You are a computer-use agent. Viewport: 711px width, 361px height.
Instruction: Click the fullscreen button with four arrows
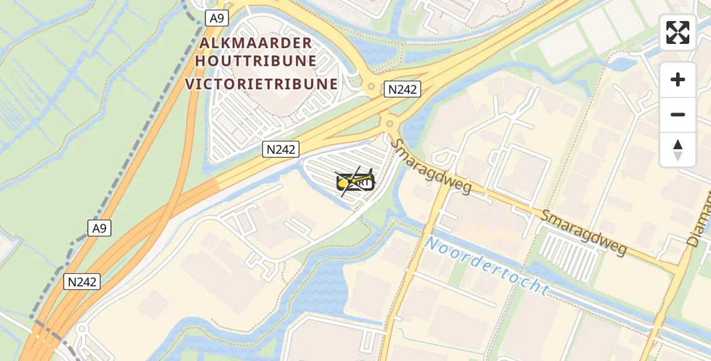[678, 32]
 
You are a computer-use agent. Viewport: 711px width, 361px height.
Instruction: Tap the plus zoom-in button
[678, 79]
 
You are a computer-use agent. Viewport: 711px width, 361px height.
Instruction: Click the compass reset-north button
[678, 150]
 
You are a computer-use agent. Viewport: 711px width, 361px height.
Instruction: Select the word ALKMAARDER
[256, 43]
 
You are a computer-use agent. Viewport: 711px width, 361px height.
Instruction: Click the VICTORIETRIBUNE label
[262, 84]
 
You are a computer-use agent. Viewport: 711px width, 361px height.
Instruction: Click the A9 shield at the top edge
[216, 18]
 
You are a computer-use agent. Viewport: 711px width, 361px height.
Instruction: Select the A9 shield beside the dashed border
[100, 228]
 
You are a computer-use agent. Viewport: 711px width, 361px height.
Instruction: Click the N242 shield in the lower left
[82, 281]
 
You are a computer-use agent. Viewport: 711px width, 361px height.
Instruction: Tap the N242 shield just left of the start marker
[281, 149]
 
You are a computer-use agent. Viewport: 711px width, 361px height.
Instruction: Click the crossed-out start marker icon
[355, 181]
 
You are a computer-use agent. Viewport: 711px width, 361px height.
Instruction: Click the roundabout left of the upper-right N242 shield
[371, 87]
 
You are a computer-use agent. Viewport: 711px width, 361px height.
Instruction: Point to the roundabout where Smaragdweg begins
[390, 124]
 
